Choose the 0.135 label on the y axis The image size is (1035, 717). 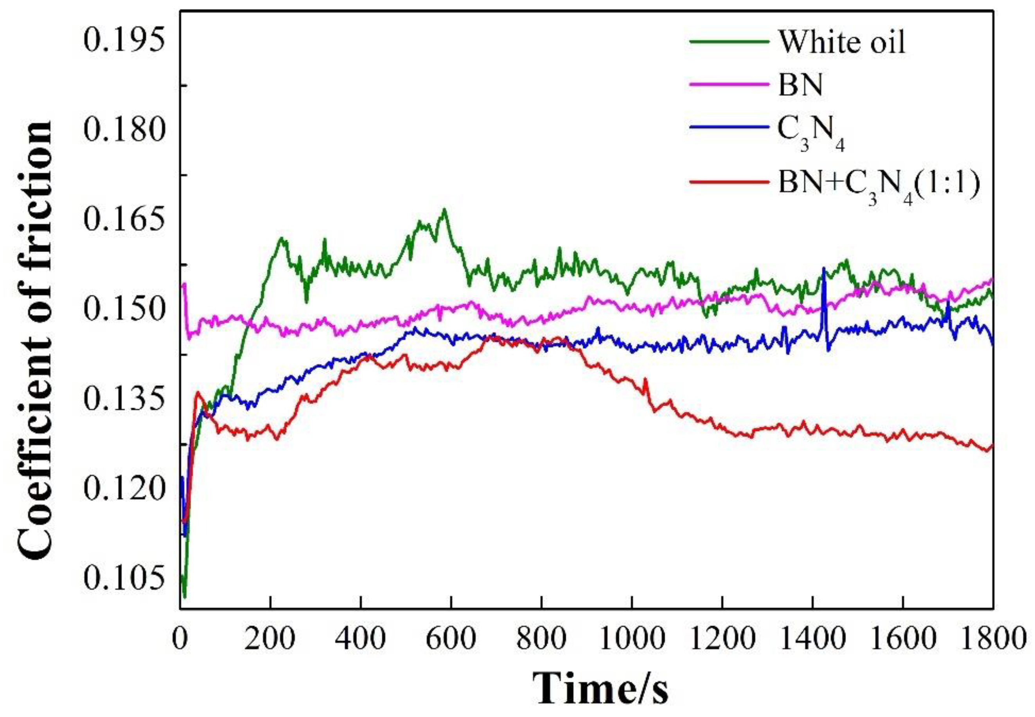pos(122,399)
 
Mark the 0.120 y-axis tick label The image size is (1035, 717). pos(122,488)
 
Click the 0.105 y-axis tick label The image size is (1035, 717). pos(122,578)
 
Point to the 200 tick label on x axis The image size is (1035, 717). pos(270,638)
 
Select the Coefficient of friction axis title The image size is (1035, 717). pos(36,339)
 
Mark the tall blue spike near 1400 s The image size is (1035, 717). pos(824,270)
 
